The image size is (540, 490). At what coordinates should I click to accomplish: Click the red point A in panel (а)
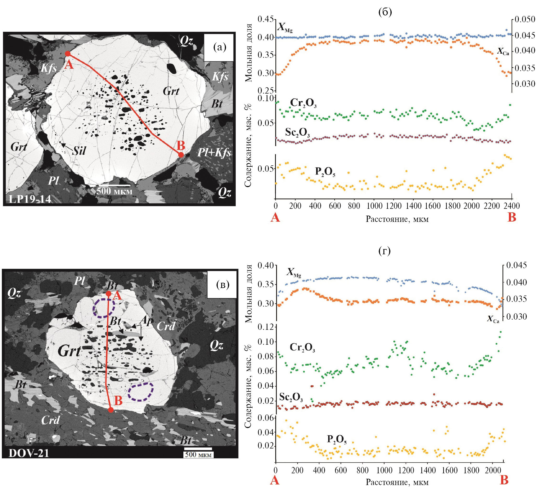pyautogui.click(x=68, y=54)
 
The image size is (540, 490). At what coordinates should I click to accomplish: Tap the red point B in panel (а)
pyautogui.click(x=181, y=155)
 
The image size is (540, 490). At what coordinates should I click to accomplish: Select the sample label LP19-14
pyautogui.click(x=30, y=199)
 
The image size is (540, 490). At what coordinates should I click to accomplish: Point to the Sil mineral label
pyautogui.click(x=79, y=151)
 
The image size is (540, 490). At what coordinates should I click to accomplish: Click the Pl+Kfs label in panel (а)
pyautogui.click(x=214, y=153)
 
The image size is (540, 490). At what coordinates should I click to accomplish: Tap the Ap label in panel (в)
pyautogui.click(x=147, y=321)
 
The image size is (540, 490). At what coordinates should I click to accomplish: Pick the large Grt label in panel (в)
pyautogui.click(x=69, y=351)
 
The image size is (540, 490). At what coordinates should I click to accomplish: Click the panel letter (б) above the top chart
pyautogui.click(x=385, y=12)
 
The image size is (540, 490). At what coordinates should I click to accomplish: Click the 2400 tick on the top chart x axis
pyautogui.click(x=512, y=206)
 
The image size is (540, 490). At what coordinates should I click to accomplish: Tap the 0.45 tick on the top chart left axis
pyautogui.click(x=265, y=19)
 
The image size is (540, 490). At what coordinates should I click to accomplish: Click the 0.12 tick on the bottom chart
pyautogui.click(x=265, y=327)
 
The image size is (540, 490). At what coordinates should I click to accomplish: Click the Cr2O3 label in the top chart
pyautogui.click(x=304, y=103)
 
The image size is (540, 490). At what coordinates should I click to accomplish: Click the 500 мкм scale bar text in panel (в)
pyautogui.click(x=198, y=455)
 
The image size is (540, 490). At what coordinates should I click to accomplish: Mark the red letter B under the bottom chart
pyautogui.click(x=504, y=481)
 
